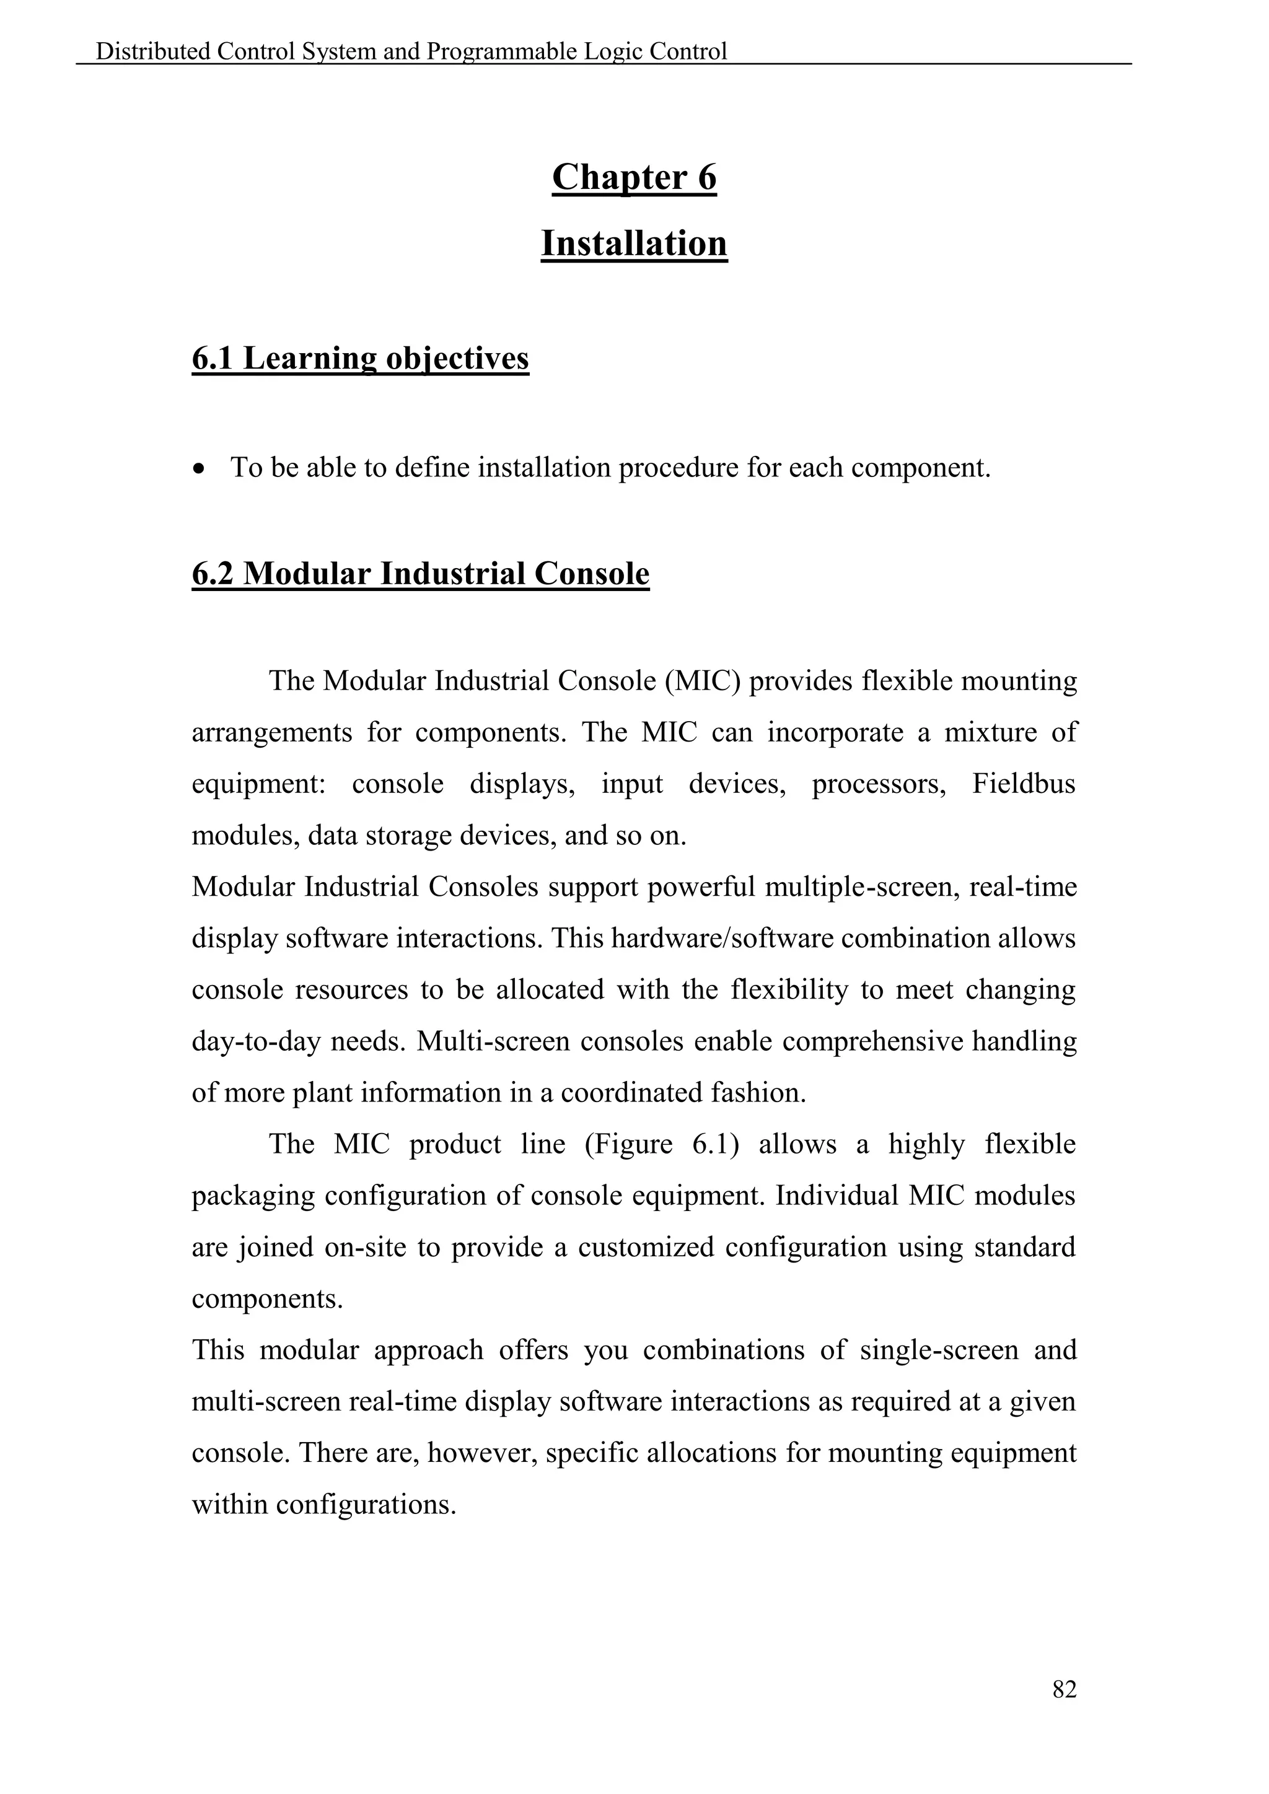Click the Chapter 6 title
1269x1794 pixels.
[x=634, y=177]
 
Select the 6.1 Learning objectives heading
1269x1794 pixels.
[x=360, y=359]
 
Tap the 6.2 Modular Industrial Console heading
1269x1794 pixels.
[x=420, y=574]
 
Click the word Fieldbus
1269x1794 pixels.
[x=1023, y=784]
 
